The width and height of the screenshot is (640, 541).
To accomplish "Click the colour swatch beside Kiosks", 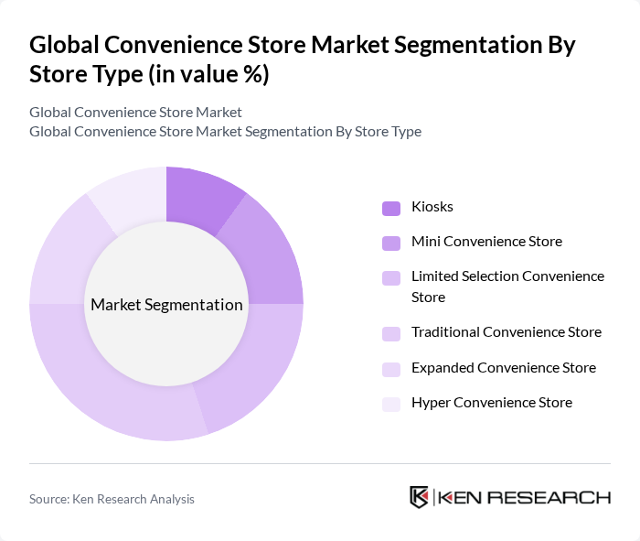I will pos(391,208).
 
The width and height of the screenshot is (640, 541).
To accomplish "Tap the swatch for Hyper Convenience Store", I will pos(391,404).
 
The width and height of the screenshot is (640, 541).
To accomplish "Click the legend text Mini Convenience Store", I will pos(486,242).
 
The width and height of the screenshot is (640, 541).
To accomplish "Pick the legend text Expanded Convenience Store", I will pos(503,368).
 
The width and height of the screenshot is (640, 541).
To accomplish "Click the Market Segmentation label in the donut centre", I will pos(166,305).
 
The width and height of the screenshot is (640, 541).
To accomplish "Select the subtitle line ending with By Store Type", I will pos(225,131).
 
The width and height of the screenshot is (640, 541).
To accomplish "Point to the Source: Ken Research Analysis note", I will pos(112,499).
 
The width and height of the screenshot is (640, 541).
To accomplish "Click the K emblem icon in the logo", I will pos(419,497).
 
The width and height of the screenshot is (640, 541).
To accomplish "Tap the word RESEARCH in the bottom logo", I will pos(560,498).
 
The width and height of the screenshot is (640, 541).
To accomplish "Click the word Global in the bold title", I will pos(66,45).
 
